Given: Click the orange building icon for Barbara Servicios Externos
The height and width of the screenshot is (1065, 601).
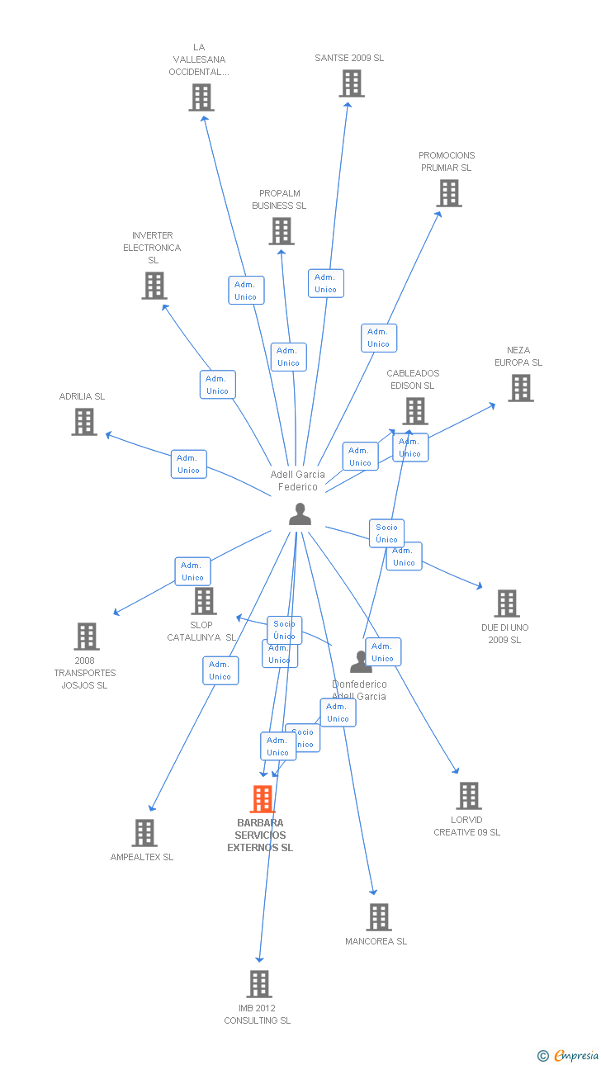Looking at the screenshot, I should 262,799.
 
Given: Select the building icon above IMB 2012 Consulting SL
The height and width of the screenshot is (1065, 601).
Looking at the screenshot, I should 259,984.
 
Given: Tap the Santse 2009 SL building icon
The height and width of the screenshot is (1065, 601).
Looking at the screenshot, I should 352,83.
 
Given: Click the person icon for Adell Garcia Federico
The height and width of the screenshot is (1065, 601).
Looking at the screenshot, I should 300,514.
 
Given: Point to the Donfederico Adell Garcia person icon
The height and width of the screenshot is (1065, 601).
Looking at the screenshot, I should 361,662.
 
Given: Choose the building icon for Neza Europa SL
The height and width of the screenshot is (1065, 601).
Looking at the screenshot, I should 520,388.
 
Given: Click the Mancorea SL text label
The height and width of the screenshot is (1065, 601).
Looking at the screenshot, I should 376,941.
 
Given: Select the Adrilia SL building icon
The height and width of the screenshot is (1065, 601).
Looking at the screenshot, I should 84,422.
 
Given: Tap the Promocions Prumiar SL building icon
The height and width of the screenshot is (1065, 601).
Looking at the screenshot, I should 448,193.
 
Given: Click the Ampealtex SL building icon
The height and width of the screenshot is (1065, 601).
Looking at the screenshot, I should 144,833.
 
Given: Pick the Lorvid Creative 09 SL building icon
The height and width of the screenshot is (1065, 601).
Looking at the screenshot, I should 468,796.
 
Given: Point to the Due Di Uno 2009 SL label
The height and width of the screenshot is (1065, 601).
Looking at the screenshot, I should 504,634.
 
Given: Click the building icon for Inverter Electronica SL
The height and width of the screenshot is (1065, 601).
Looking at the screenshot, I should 154,286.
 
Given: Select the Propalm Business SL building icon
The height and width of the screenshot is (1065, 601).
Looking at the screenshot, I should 282,231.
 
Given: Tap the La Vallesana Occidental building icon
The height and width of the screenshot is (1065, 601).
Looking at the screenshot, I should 201,97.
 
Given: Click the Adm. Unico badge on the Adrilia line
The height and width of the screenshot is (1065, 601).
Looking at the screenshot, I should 189,464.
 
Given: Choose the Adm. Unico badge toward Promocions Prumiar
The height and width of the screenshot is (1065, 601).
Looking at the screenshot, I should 379,338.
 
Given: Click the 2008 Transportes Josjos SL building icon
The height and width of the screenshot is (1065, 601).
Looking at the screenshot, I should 86,637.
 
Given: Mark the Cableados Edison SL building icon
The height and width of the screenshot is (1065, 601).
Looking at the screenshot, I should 415,411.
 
